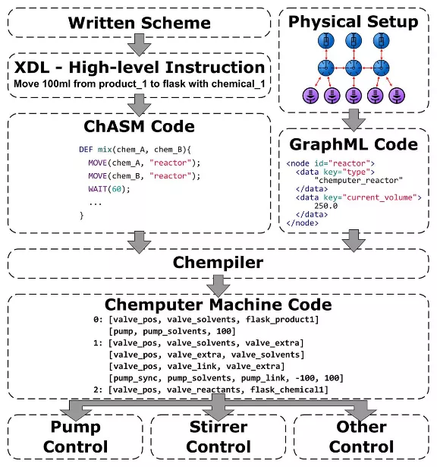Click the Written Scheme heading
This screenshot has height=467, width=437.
[x=140, y=23]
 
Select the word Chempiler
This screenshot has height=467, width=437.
[x=218, y=263]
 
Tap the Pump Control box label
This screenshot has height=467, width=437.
[x=76, y=437]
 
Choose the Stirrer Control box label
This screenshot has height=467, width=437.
[x=218, y=437]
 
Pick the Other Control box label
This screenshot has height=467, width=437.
[x=361, y=437]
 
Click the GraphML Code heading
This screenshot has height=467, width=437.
[x=354, y=144]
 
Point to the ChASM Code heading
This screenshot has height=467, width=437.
[x=140, y=126]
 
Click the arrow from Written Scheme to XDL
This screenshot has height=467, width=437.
[x=140, y=45]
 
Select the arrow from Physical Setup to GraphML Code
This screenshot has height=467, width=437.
[x=354, y=120]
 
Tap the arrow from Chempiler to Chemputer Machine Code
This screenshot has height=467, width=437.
[x=218, y=286]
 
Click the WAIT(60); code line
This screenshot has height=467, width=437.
[x=109, y=189]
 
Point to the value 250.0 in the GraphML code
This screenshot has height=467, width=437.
[x=326, y=206]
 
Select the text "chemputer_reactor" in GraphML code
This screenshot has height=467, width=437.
[x=359, y=180]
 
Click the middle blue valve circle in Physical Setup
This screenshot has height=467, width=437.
[x=354, y=68]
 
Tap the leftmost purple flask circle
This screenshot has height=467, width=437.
[x=310, y=96]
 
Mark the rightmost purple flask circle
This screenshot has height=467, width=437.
[x=397, y=96]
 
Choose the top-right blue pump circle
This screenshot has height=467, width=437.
[x=381, y=40]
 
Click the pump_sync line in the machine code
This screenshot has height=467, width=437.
[x=226, y=378]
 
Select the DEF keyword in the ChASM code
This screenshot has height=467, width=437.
[x=86, y=150]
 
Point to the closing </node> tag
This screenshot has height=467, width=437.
[x=302, y=222]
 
